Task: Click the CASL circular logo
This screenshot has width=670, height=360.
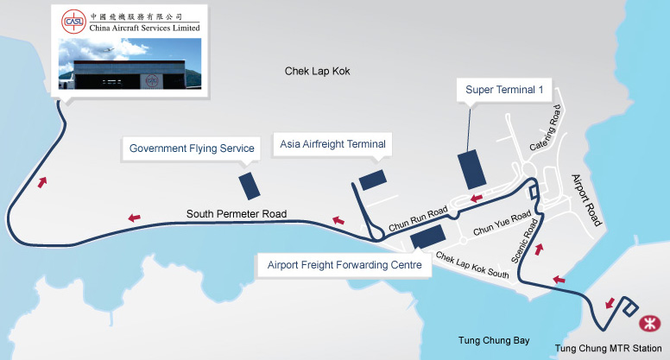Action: tap(74, 22)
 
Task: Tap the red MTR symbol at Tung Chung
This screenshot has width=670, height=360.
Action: tap(649, 323)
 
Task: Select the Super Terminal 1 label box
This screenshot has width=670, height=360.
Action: tap(504, 90)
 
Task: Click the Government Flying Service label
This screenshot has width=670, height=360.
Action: tap(192, 148)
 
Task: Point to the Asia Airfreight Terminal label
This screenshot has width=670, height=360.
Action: tap(332, 144)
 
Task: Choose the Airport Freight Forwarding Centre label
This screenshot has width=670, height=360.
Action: tap(344, 265)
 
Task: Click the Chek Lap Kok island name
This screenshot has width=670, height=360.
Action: tap(317, 71)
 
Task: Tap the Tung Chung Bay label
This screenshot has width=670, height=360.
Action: tap(494, 340)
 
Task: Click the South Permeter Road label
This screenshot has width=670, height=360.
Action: tap(237, 213)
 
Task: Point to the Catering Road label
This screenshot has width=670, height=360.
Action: tap(545, 128)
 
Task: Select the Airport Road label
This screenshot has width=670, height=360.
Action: tap(586, 200)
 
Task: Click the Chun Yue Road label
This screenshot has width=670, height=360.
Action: tap(502, 222)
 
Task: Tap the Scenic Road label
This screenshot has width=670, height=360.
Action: tap(524, 241)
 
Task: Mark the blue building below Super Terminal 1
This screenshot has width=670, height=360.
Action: tap(471, 169)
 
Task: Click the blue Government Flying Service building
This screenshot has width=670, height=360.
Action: tap(250, 186)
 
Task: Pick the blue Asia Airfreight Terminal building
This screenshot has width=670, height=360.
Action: tap(373, 180)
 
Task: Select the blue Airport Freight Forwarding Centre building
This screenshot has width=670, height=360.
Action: tap(428, 237)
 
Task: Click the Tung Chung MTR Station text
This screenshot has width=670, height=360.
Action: tap(608, 348)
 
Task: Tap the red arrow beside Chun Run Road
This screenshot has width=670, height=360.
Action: tap(477, 199)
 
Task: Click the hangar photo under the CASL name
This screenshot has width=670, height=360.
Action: tap(130, 64)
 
